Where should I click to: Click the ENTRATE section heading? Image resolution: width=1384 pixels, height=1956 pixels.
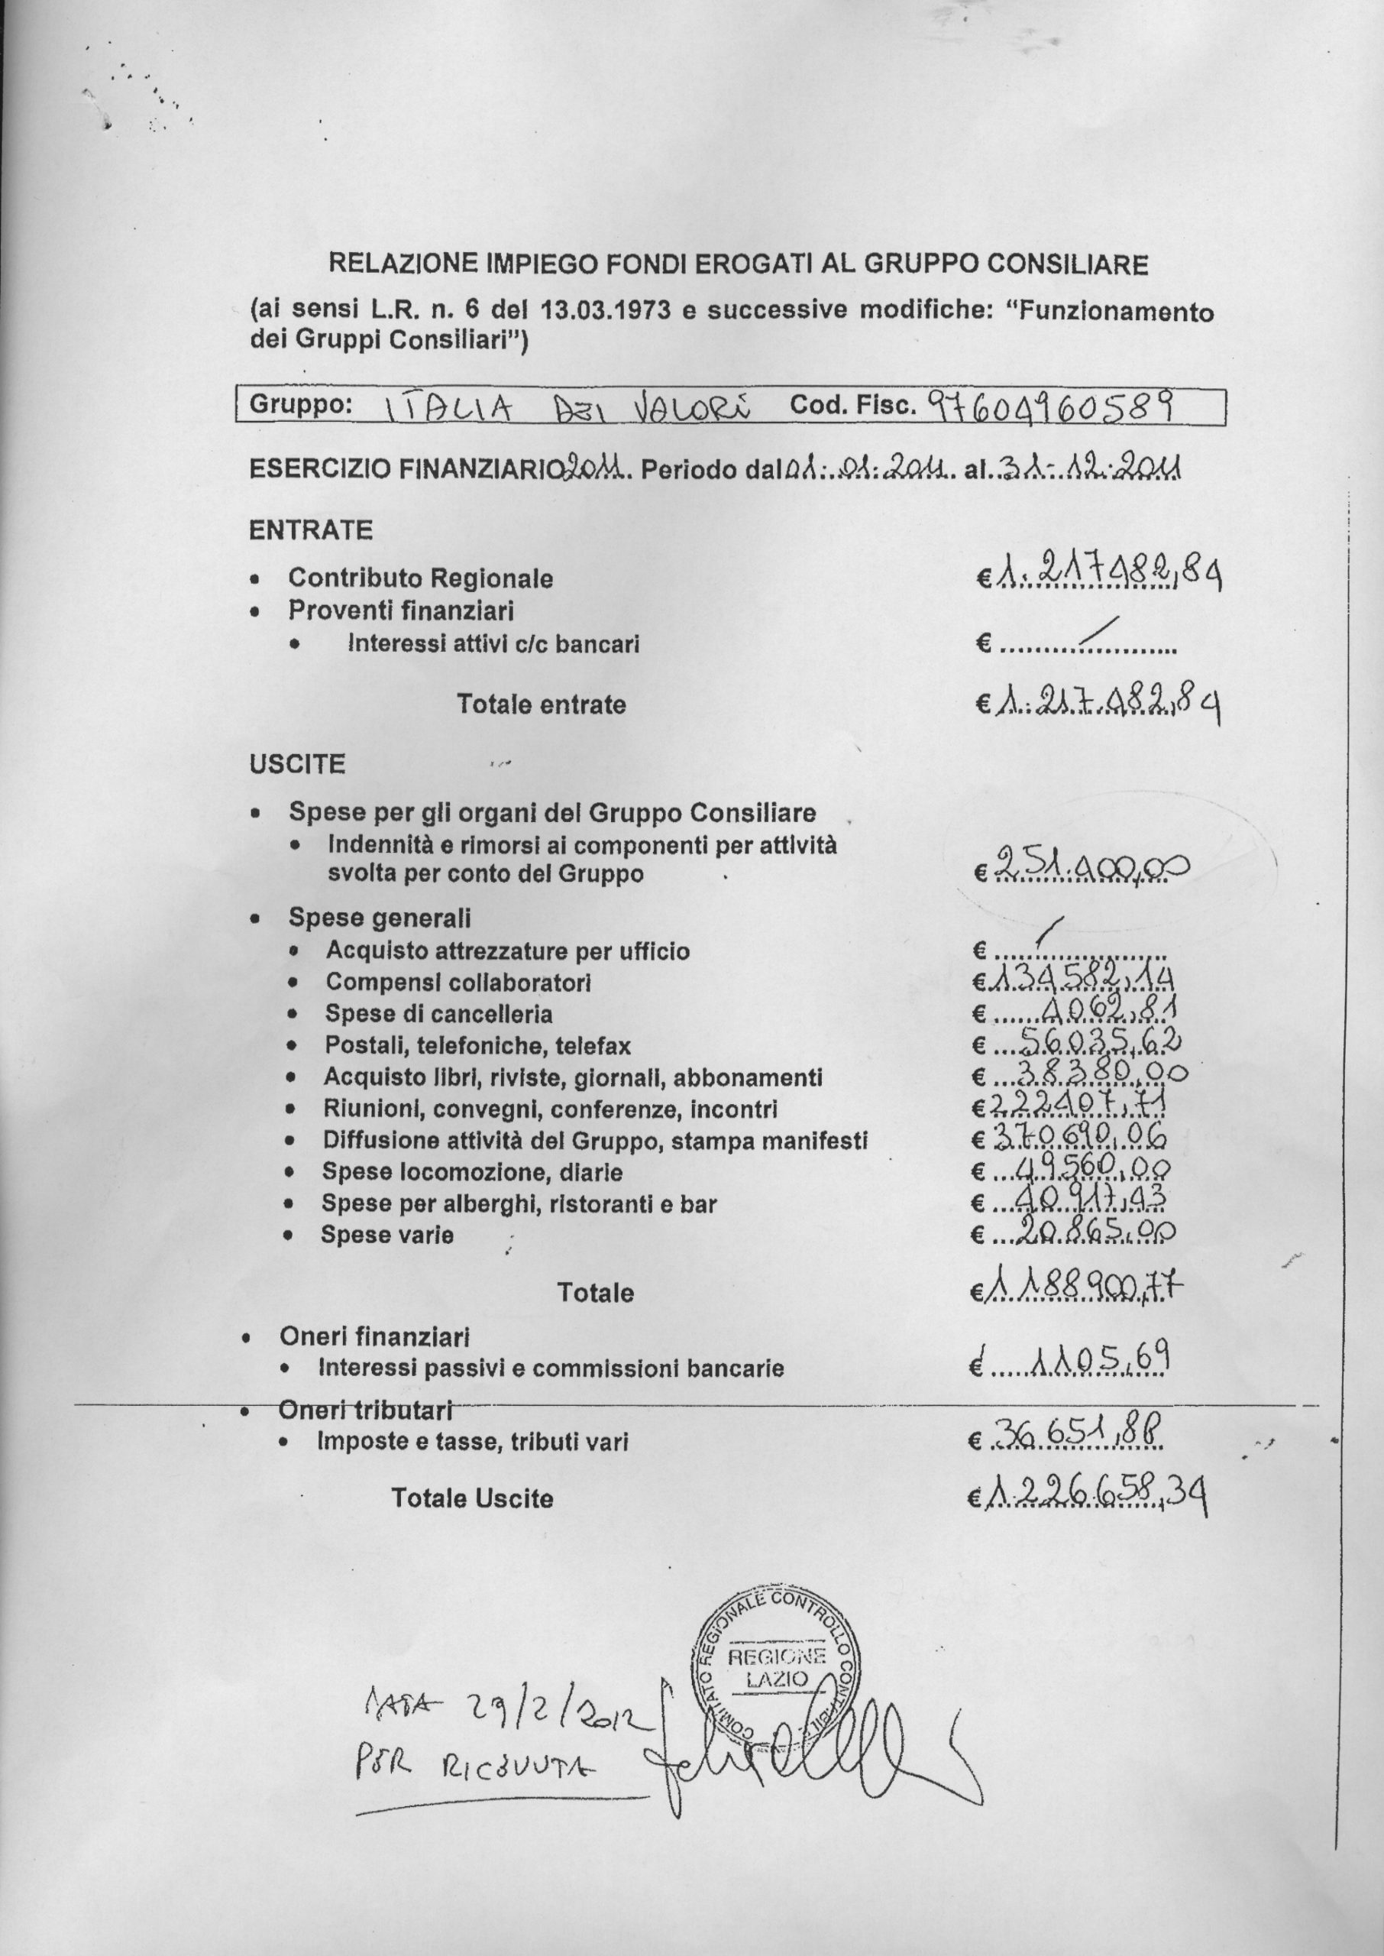(310, 530)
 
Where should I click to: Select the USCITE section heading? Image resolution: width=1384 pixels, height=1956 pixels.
(296, 763)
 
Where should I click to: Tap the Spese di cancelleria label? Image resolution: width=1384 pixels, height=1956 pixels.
(438, 1014)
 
